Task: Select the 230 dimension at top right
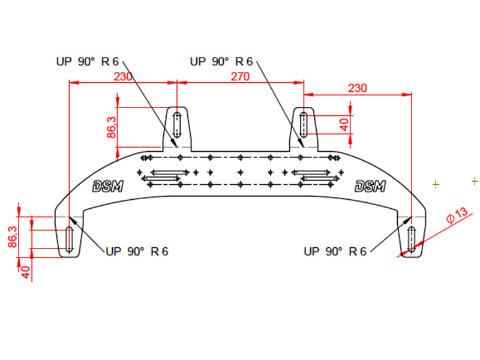(x=357, y=88)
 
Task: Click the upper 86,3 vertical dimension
(x=112, y=127)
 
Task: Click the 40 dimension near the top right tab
(x=344, y=124)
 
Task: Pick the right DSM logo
(x=370, y=187)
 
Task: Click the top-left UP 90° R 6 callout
(x=88, y=61)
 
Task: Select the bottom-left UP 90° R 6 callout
(x=137, y=251)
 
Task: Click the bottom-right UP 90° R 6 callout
(x=335, y=251)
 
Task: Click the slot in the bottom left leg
(x=70, y=239)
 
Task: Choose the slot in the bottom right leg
(x=411, y=239)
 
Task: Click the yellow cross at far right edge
(x=475, y=180)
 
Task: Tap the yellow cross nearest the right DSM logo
(x=436, y=184)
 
